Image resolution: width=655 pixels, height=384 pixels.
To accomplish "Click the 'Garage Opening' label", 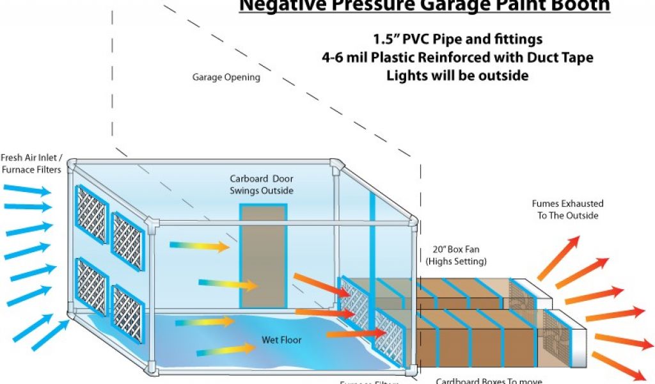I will tap(226, 77).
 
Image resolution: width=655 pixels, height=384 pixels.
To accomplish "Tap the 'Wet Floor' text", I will tap(281, 339).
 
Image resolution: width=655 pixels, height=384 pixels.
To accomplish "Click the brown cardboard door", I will tap(263, 256).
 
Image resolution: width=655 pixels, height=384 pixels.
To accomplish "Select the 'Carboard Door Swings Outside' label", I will tap(261, 184).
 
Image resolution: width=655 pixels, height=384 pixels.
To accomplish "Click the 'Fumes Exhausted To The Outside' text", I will tap(567, 209).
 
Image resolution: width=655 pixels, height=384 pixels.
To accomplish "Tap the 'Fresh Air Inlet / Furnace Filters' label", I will tap(32, 163).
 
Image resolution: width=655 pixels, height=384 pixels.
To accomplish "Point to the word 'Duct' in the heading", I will tap(539, 58).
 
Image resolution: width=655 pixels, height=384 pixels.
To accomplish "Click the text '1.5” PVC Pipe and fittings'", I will tap(457, 40).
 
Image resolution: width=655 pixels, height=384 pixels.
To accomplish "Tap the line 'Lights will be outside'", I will tap(457, 75).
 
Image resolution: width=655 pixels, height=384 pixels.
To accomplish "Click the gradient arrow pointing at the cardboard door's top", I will tap(200, 245).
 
